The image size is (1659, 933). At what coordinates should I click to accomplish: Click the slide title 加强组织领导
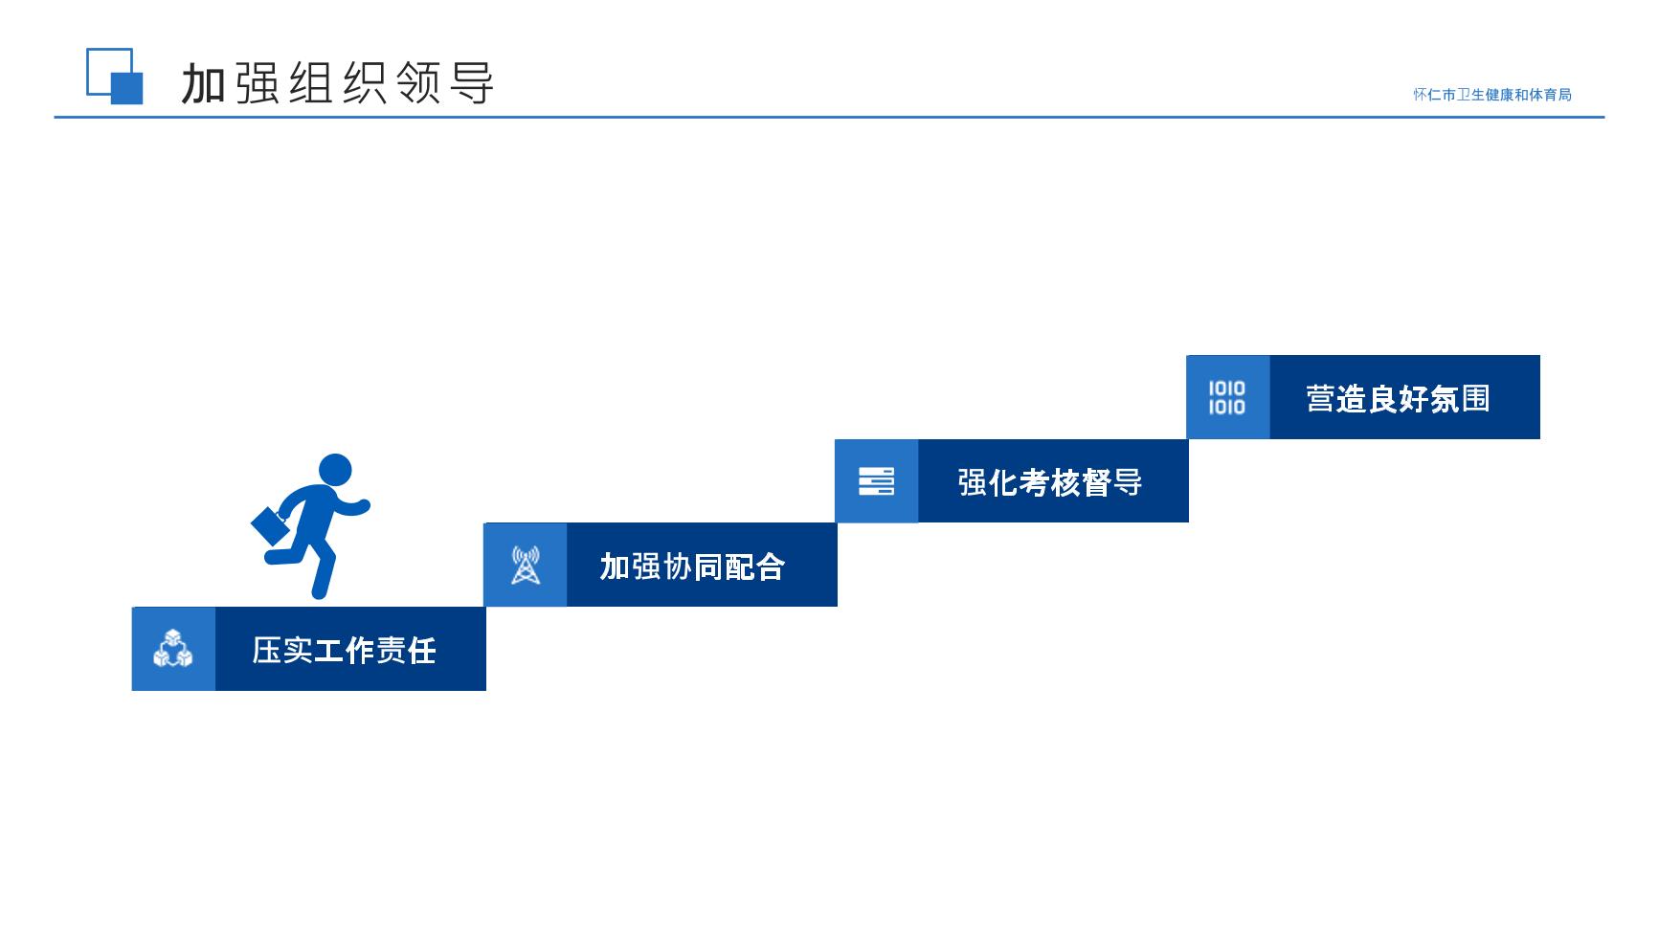(338, 83)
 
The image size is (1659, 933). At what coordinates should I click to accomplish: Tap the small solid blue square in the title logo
(127, 88)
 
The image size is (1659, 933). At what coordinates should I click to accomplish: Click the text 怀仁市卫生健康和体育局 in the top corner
(1492, 95)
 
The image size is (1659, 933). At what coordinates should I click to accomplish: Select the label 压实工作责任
(344, 651)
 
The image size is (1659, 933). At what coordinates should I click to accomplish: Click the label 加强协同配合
(692, 566)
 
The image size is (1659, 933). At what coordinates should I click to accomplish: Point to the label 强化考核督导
(1050, 482)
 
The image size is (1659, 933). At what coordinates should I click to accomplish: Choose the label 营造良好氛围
(1399, 398)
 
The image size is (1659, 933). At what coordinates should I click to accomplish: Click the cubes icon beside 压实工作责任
(173, 649)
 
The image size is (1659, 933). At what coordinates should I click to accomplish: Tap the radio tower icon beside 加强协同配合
(526, 565)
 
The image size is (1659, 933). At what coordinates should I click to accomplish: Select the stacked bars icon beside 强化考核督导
(876, 481)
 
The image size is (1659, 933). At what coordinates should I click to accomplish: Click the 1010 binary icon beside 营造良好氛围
(1226, 397)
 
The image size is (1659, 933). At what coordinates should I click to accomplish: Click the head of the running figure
(335, 471)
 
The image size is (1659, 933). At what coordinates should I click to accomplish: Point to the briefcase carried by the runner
(270, 524)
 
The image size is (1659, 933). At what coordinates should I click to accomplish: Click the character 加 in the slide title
(203, 84)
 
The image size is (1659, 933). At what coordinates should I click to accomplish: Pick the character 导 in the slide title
(472, 83)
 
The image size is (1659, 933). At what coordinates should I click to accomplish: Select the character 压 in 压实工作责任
(267, 651)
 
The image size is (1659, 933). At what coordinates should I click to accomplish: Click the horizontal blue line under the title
(829, 118)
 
